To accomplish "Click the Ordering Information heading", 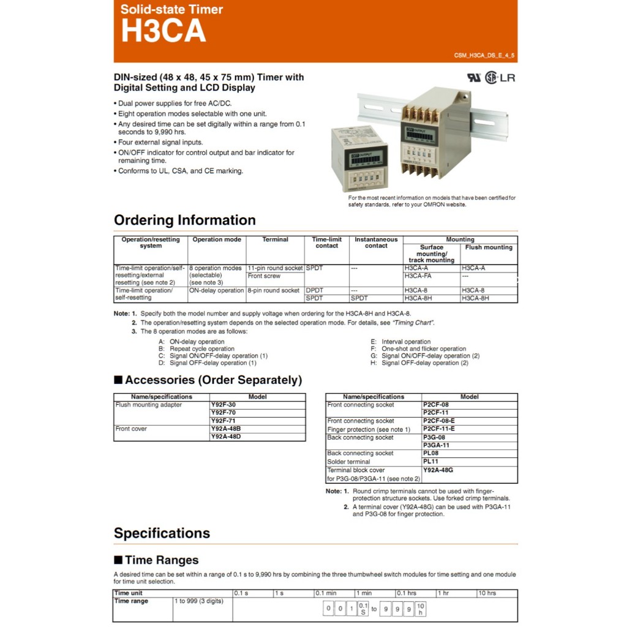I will pos(184,220).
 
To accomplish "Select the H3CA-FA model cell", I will pos(418,276).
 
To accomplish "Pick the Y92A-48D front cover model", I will pos(225,437).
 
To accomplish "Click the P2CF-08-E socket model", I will pos(438,421).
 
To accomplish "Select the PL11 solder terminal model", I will pos(431,462).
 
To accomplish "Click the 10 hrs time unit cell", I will pos(487,593).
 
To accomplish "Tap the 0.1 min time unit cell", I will pos(326,593).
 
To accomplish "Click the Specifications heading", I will pos(162,533).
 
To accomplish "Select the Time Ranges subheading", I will pos(162,560).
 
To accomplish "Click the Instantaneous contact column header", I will pos(376,242).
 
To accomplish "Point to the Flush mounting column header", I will pos(489,247).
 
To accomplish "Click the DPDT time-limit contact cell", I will pos(315,290).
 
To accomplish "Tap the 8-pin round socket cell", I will pos(274,290).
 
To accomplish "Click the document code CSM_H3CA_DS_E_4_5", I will pos(484,56).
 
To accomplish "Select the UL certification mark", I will pos(475,78).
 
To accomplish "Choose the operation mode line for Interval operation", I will pos(406,342).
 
